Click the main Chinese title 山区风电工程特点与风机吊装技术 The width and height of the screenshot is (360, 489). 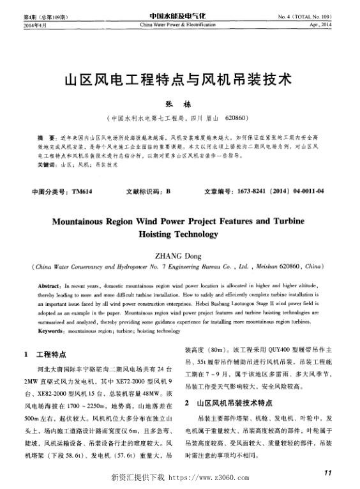[x=179, y=81]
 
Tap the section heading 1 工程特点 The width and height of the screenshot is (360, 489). [x=45, y=354]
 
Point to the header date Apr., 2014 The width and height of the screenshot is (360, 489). [x=322, y=24]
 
